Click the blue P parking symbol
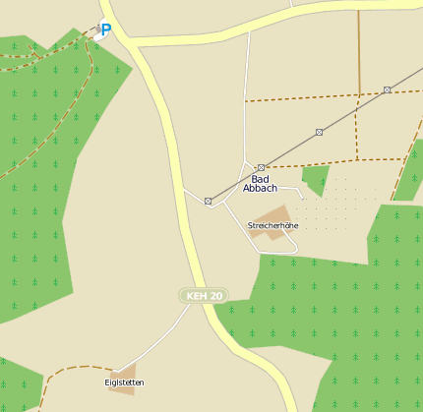point(105,29)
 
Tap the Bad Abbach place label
point(260,183)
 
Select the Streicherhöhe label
point(272,225)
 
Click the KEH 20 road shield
point(205,295)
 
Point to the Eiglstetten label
point(124,382)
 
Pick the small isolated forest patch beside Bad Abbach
point(316,179)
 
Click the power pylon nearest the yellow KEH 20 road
point(208,201)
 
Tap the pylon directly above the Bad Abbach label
point(261,167)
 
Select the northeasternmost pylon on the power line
point(387,89)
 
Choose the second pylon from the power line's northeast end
point(319,132)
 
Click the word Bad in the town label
point(260,178)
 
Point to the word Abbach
point(260,188)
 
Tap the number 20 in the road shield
point(215,295)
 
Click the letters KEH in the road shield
point(198,295)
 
